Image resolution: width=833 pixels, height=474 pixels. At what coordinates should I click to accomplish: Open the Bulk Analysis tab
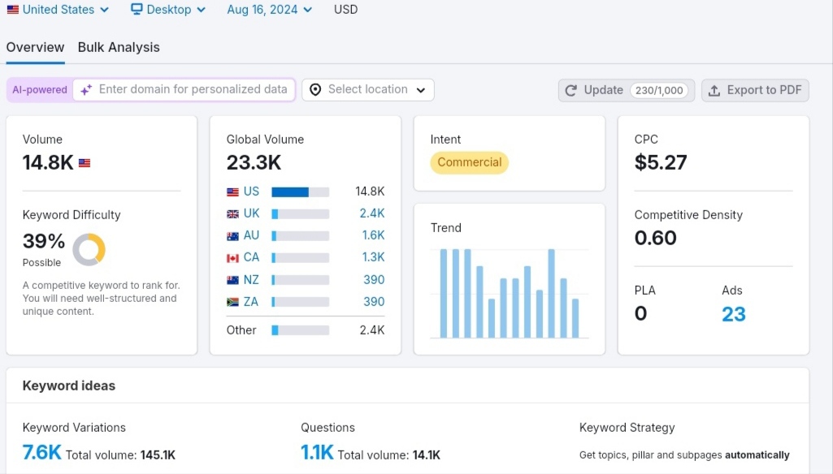[119, 47]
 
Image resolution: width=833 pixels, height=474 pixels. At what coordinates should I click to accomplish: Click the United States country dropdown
[58, 10]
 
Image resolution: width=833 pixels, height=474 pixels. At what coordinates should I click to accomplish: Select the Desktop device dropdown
[168, 10]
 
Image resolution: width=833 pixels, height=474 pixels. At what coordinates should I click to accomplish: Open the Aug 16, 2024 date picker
[269, 10]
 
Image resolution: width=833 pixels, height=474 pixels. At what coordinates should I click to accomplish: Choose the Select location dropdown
[367, 90]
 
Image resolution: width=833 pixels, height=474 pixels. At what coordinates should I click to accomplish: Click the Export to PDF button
[755, 90]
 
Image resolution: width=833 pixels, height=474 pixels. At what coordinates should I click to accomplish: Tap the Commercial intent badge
[469, 162]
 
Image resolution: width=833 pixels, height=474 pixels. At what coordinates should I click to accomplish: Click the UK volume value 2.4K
[372, 213]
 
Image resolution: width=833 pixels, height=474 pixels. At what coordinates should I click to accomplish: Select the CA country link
[251, 257]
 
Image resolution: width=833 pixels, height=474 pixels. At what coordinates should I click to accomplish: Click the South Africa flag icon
[232, 302]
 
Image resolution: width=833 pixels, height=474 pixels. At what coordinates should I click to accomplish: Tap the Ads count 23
[734, 314]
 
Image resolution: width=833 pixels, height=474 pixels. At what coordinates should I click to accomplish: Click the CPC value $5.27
[661, 162]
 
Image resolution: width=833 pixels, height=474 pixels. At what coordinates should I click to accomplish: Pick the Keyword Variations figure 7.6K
[41, 452]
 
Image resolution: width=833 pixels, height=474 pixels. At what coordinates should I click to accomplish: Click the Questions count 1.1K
[317, 452]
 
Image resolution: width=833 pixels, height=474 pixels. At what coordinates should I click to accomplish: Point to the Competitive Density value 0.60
[655, 238]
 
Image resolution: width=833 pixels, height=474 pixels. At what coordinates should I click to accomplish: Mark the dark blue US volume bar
[290, 192]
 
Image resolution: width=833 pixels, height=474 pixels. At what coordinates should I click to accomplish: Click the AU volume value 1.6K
[373, 235]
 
